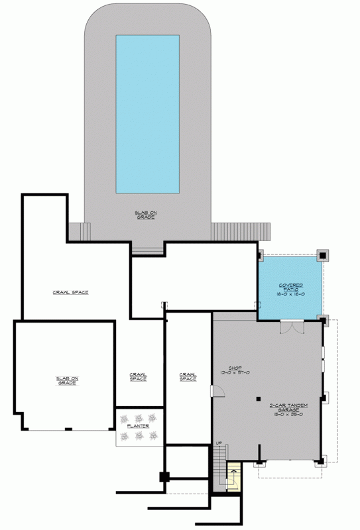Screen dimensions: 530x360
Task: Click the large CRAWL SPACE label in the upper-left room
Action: tap(71, 292)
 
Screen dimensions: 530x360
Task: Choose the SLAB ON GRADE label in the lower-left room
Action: tap(65, 381)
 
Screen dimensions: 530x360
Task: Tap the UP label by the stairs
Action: tap(218, 443)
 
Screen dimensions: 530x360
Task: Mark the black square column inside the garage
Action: tap(259, 398)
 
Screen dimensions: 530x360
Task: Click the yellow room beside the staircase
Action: tap(233, 478)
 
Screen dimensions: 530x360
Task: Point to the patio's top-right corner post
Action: tap(322, 254)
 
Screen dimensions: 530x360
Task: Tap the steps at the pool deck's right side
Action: tap(241, 232)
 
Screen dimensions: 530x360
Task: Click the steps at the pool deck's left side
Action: tap(78, 232)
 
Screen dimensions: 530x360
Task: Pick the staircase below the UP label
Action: tap(219, 468)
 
